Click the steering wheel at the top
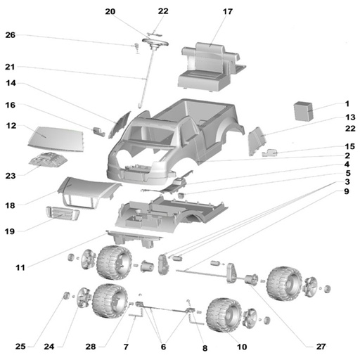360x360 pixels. [x=155, y=42]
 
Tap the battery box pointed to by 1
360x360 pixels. [x=304, y=111]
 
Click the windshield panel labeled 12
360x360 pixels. [x=56, y=139]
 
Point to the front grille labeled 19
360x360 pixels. [x=63, y=213]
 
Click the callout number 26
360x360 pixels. [x=11, y=35]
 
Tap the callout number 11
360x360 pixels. [x=20, y=267]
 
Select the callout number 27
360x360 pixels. [x=321, y=346]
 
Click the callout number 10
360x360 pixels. [x=242, y=347]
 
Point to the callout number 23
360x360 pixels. [x=11, y=176]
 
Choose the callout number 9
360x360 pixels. [x=347, y=191]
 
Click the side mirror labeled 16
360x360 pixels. [x=99, y=131]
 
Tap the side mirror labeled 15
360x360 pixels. [x=269, y=153]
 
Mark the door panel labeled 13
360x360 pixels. [x=257, y=141]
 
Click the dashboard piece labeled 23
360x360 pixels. [x=48, y=160]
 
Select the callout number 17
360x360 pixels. [x=228, y=11]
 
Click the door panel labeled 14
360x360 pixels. [x=120, y=125]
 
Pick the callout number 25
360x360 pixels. [x=20, y=346]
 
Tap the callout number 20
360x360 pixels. [x=110, y=11]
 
